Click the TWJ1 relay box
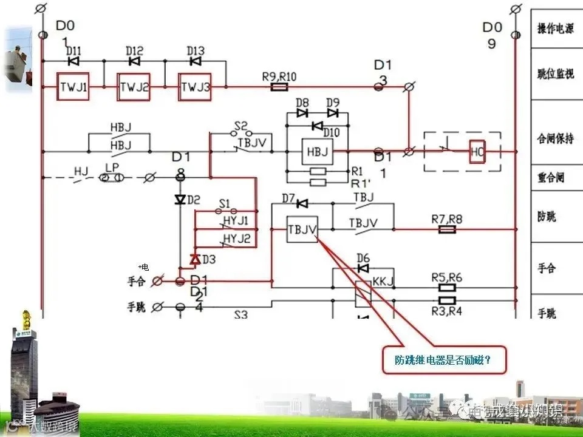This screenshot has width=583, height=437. (73, 87)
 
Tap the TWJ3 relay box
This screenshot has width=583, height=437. (195, 87)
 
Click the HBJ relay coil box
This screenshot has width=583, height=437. (317, 152)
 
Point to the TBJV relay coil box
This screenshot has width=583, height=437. (302, 229)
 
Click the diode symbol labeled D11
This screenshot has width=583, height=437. (73, 61)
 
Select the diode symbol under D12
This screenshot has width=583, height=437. (134, 61)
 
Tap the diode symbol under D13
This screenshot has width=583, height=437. (195, 61)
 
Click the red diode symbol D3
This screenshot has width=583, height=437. (195, 259)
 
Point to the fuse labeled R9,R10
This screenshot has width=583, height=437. (279, 87)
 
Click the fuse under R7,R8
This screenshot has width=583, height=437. (447, 230)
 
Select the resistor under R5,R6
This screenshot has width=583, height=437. (447, 288)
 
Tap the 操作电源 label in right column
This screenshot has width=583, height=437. (556, 29)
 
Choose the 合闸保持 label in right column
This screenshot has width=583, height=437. (556, 138)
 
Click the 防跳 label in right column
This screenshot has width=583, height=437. (547, 217)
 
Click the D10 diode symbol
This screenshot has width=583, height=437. (316, 126)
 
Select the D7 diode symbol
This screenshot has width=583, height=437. (302, 203)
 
